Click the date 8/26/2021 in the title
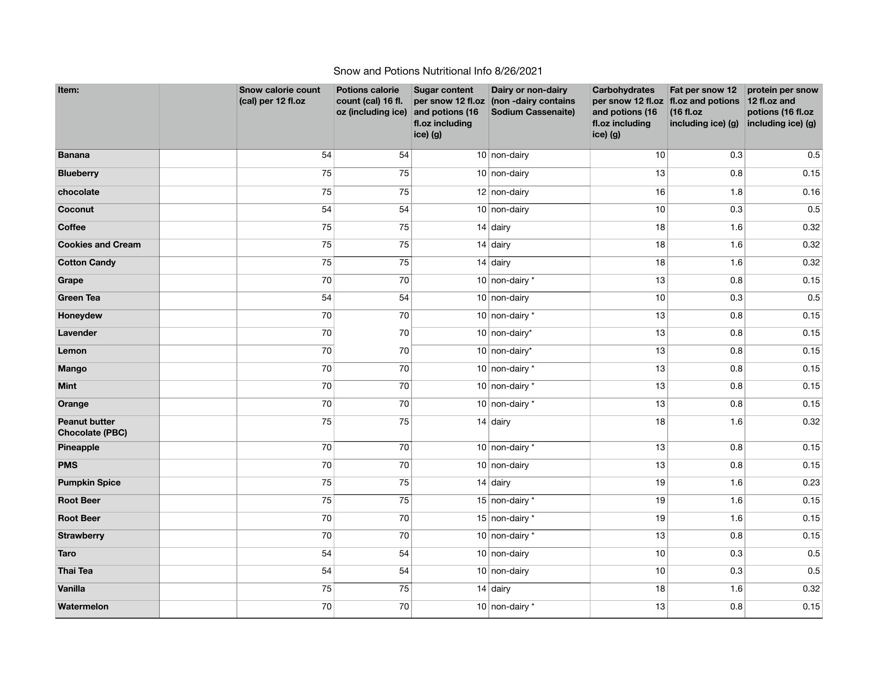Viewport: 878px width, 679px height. point(518,71)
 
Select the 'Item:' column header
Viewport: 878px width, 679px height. point(69,90)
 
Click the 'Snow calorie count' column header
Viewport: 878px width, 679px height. point(280,95)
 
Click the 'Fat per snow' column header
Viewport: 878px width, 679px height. point(704,106)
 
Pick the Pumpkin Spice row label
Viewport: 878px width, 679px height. point(89,483)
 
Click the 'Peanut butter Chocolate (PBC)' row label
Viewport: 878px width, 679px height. point(92,427)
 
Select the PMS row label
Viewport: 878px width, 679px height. point(68,465)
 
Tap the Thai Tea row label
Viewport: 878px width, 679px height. point(75,571)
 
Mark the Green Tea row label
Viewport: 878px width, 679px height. point(79,298)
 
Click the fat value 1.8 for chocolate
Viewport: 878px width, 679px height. point(736,192)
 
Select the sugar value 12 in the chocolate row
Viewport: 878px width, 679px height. point(481,192)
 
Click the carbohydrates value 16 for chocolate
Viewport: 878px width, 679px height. point(660,192)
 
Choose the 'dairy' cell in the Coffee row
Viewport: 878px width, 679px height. point(501,227)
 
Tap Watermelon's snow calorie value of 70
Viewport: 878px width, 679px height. point(326,607)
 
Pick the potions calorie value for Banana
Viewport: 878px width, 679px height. point(403,155)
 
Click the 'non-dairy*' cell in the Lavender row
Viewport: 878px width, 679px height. point(511,333)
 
